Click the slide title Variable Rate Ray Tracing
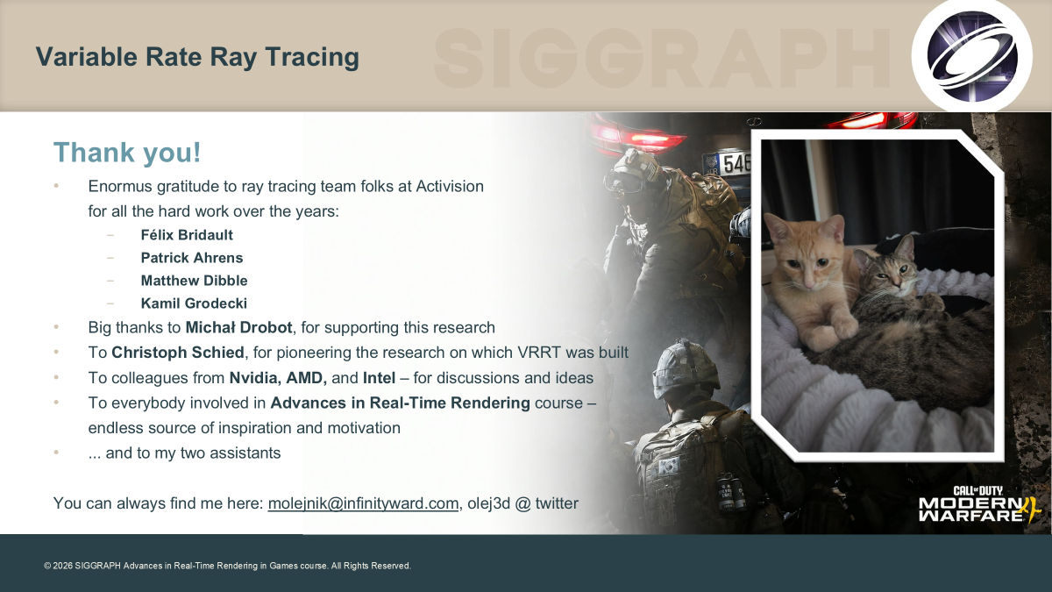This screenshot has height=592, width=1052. [197, 57]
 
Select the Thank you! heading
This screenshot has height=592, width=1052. [127, 153]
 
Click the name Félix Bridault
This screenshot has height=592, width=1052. [187, 235]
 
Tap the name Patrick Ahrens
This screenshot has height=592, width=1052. [192, 258]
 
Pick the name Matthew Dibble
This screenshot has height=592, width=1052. [195, 281]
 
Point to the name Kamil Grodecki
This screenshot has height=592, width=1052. [194, 303]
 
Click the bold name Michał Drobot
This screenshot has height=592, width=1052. [238, 327]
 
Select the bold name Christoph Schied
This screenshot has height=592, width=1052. [177, 353]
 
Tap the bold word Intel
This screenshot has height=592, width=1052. [379, 378]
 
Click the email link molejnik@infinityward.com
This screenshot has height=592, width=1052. [363, 503]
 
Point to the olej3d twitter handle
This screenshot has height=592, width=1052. [522, 503]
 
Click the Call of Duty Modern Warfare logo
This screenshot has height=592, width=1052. [980, 504]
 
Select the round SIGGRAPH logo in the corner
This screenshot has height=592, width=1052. [972, 56]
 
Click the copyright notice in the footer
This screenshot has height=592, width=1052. [227, 566]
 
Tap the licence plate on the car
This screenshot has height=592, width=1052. [728, 163]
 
